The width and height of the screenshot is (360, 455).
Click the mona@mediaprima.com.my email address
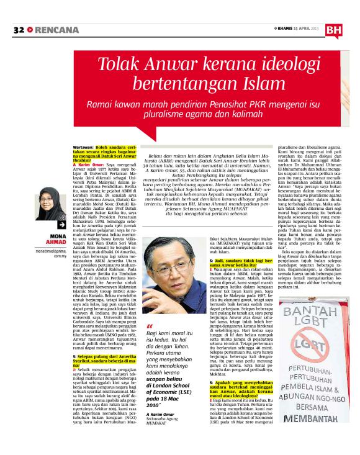click(x=52, y=255)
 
